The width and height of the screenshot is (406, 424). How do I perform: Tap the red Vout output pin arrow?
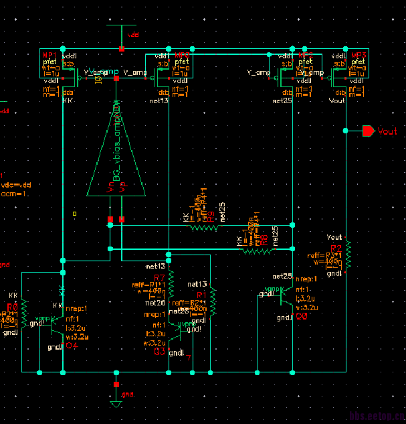tap(368, 131)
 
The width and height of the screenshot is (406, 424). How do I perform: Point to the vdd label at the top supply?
tap(134, 33)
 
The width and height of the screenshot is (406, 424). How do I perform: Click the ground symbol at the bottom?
tap(116, 404)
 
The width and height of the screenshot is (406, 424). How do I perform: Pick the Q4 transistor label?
tap(72, 346)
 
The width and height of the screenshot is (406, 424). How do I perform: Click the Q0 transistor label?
tap(302, 317)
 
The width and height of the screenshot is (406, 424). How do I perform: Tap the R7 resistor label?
tap(159, 277)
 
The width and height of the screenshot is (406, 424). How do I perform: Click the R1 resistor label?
tap(201, 295)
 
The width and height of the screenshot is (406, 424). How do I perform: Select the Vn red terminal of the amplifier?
tap(110, 219)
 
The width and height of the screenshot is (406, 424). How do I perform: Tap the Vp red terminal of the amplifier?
tap(121, 219)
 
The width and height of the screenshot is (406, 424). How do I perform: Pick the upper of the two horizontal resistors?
tap(205, 226)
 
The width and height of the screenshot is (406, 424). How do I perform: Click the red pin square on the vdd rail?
tap(121, 48)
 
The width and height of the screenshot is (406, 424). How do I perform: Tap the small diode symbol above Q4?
tap(62, 291)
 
